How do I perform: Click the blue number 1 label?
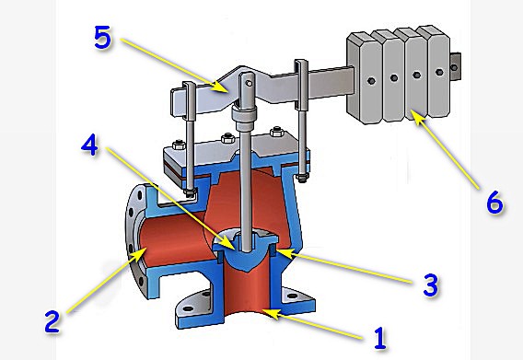pos(380,338)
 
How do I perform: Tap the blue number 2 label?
pos(52,321)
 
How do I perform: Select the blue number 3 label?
pos(431,285)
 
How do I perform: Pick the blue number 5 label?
pos(102,38)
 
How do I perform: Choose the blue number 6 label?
pos(494,203)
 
